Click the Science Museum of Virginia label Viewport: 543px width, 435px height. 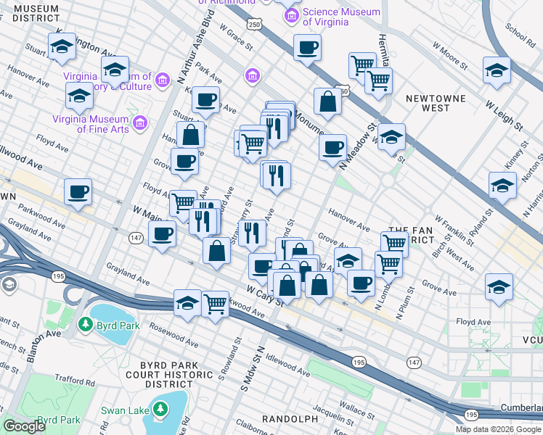pyautogui.click(x=341, y=17)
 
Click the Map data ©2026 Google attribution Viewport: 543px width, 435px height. pyautogui.click(x=499, y=429)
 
